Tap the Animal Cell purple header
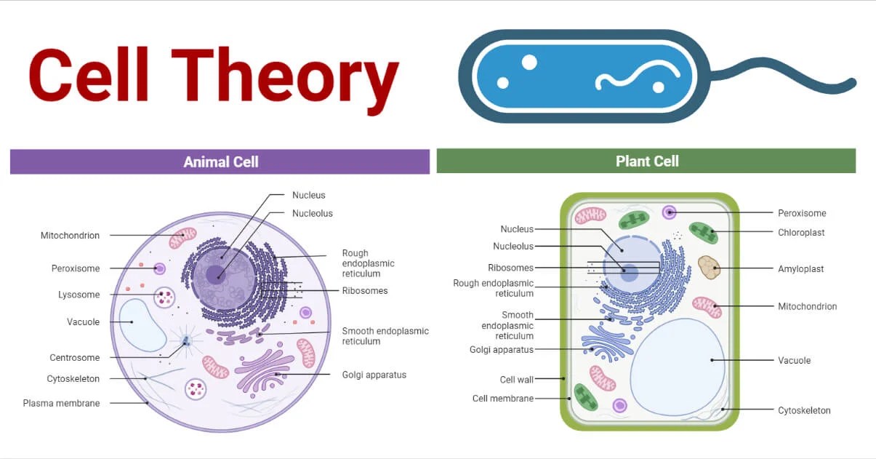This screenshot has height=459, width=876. click(x=220, y=161)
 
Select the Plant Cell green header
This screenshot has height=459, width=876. click(x=646, y=161)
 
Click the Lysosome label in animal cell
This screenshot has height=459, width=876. click(x=79, y=295)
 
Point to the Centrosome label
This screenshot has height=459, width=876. click(x=75, y=358)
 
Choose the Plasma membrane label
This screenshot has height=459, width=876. click(x=61, y=403)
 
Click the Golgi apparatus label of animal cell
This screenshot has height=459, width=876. click(x=374, y=375)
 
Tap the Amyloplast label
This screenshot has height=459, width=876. click(x=800, y=268)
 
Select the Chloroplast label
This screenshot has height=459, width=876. click(x=801, y=233)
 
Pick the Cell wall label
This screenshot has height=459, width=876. click(x=517, y=380)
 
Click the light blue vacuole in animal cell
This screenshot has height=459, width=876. click(x=142, y=324)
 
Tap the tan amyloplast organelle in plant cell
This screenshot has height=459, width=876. click(x=708, y=267)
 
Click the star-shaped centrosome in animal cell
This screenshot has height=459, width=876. click(x=187, y=340)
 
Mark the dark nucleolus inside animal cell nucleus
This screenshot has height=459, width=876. click(x=215, y=274)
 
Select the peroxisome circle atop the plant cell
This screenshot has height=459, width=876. click(x=669, y=212)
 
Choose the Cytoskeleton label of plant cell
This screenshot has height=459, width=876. click(x=804, y=410)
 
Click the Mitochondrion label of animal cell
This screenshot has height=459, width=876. click(x=70, y=236)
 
